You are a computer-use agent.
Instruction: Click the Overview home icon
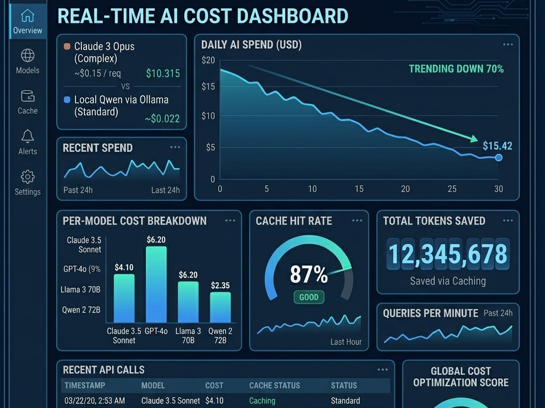tap(27, 15)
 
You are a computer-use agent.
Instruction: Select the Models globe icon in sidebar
tap(27, 55)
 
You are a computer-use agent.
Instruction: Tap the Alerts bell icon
tap(27, 136)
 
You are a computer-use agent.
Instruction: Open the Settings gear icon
tap(27, 177)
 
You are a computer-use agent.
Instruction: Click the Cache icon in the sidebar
tap(27, 96)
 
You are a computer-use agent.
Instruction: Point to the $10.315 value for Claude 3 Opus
tap(162, 73)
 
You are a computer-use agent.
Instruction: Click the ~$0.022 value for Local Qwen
tap(162, 119)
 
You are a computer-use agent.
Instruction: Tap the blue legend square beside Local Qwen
tap(67, 100)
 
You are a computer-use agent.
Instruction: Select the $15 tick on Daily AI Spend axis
tap(208, 86)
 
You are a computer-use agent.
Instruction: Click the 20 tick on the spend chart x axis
tap(405, 189)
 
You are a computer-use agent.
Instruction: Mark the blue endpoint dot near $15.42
tap(499, 158)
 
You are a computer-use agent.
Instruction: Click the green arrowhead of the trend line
tap(474, 138)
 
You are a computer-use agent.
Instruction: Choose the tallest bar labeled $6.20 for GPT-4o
tap(156, 285)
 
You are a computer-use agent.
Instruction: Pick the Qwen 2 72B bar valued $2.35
tap(220, 307)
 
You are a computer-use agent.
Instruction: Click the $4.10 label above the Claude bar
tap(124, 268)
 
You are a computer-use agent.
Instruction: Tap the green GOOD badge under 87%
tap(308, 298)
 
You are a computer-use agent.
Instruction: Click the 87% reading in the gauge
tap(308, 274)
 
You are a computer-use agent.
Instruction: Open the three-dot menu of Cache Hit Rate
tap(357, 221)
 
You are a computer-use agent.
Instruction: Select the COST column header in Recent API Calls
tap(214, 386)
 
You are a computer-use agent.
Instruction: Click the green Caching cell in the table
tap(262, 401)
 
